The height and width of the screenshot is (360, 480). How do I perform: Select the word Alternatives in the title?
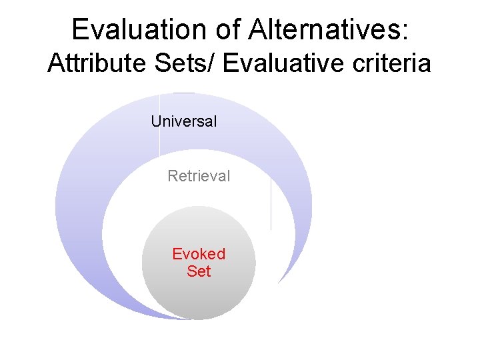pyautogui.click(x=329, y=30)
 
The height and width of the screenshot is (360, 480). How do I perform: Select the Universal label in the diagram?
pyautogui.click(x=184, y=121)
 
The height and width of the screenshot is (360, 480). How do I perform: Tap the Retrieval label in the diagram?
pyautogui.click(x=199, y=176)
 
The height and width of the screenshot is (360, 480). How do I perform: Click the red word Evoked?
pyautogui.click(x=199, y=254)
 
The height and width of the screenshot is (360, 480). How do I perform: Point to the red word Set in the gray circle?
pyautogui.click(x=199, y=271)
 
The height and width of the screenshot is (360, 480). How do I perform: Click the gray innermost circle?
pyautogui.click(x=199, y=293)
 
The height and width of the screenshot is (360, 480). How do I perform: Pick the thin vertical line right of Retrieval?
pyautogui.click(x=271, y=203)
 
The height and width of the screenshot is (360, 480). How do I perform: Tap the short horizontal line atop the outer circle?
pyautogui.click(x=183, y=93)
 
